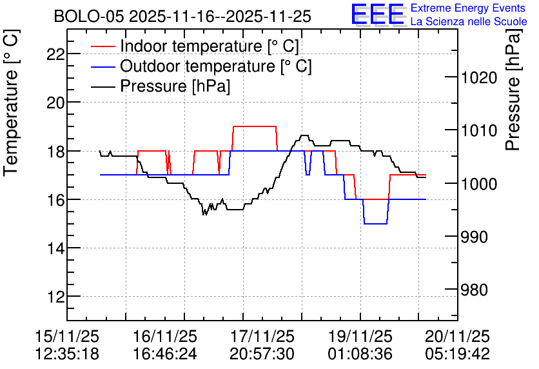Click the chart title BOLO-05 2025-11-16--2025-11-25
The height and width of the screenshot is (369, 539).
tap(182, 16)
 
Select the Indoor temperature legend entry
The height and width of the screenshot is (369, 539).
tap(195, 46)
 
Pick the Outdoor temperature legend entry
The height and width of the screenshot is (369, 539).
tap(201, 66)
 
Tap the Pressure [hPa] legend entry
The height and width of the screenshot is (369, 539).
tap(161, 86)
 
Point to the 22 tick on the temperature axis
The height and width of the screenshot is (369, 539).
tap(56, 54)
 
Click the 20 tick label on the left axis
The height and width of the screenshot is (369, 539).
tap(56, 103)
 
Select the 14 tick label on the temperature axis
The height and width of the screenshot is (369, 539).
tap(56, 248)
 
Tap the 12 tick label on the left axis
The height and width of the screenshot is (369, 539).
tap(56, 297)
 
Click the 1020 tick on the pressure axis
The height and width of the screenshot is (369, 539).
tap(479, 78)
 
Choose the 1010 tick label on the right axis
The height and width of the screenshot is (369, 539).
tap(479, 131)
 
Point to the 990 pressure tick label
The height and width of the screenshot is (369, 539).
tap(474, 237)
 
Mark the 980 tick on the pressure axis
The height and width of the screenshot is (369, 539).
tap(474, 290)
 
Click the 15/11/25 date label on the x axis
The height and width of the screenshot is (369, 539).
tap(67, 336)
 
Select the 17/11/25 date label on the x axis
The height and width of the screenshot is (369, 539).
tap(262, 336)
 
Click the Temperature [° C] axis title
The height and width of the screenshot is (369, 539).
tap(11, 103)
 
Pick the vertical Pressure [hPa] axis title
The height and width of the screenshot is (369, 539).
tap(513, 90)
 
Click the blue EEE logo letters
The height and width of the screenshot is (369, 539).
tap(378, 14)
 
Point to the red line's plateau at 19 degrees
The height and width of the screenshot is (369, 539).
tap(255, 126)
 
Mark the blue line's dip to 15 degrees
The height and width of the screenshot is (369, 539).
tap(376, 224)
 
